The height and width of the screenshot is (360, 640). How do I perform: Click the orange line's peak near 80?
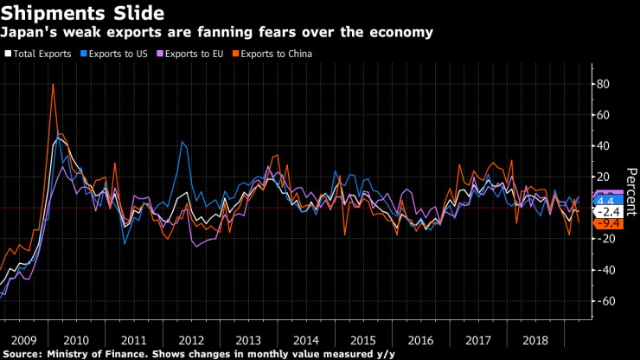click(54, 85)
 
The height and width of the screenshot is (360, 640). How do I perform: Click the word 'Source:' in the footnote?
click(26, 353)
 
